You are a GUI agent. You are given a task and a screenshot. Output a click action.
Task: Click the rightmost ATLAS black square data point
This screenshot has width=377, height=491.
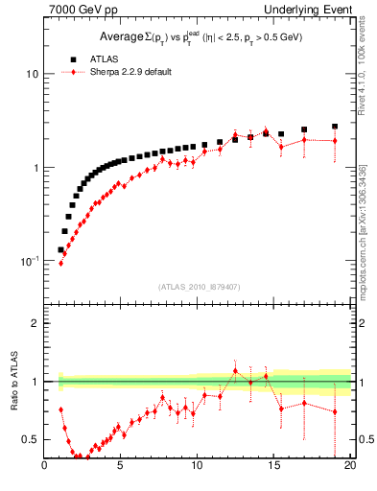coord(335,126)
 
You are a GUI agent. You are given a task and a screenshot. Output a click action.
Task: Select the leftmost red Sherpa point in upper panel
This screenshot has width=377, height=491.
coord(60,263)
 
